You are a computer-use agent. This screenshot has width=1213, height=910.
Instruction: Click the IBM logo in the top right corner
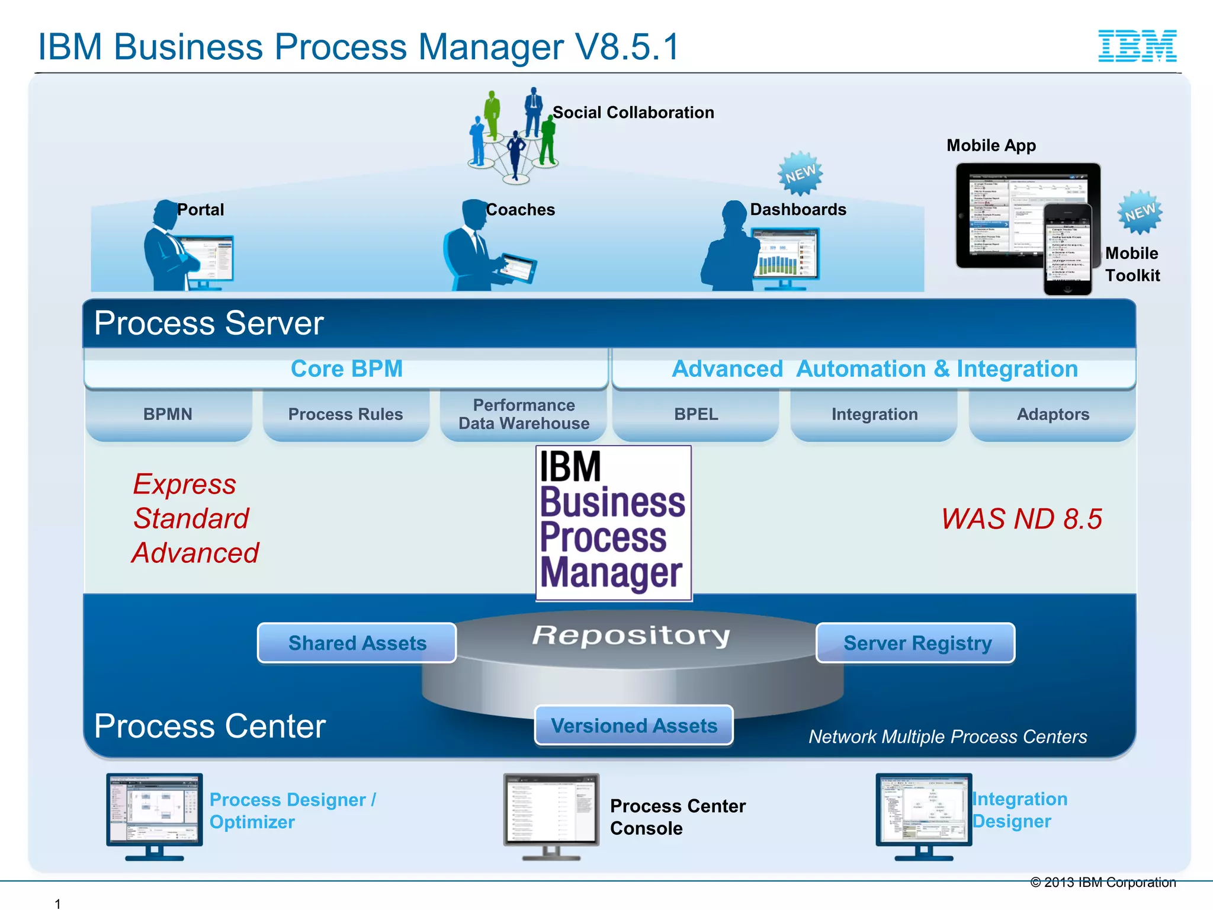point(1137,46)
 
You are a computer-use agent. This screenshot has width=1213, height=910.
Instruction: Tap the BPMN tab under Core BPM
point(168,414)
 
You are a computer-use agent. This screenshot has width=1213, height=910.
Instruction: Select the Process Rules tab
point(345,414)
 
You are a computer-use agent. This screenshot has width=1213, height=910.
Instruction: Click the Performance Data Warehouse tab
point(524,414)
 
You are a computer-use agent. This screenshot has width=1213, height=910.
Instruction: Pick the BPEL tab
point(696,414)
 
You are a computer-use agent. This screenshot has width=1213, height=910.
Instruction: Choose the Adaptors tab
point(1052,414)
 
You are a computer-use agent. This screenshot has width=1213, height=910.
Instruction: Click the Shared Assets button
point(357,643)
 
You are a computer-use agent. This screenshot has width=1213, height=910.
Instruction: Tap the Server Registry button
point(916,643)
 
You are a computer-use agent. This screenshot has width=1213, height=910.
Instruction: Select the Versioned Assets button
point(634,725)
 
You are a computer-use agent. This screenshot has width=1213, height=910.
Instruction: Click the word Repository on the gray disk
point(631,635)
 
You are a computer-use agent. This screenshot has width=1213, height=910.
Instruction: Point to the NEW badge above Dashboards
point(800,174)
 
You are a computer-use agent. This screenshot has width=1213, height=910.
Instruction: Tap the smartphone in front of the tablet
point(1067,249)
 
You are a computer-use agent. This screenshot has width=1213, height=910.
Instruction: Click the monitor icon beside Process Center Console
point(551,815)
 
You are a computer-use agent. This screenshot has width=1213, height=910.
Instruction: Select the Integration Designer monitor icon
point(923,815)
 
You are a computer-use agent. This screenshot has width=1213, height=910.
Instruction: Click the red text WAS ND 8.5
point(1022,519)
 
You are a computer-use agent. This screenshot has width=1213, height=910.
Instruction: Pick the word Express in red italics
point(184,484)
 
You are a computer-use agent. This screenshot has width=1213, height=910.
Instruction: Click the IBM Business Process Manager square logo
point(614,523)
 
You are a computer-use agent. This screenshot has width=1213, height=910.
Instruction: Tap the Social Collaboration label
point(633,113)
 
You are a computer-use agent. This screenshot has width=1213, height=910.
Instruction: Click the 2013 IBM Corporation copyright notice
point(1103,882)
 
